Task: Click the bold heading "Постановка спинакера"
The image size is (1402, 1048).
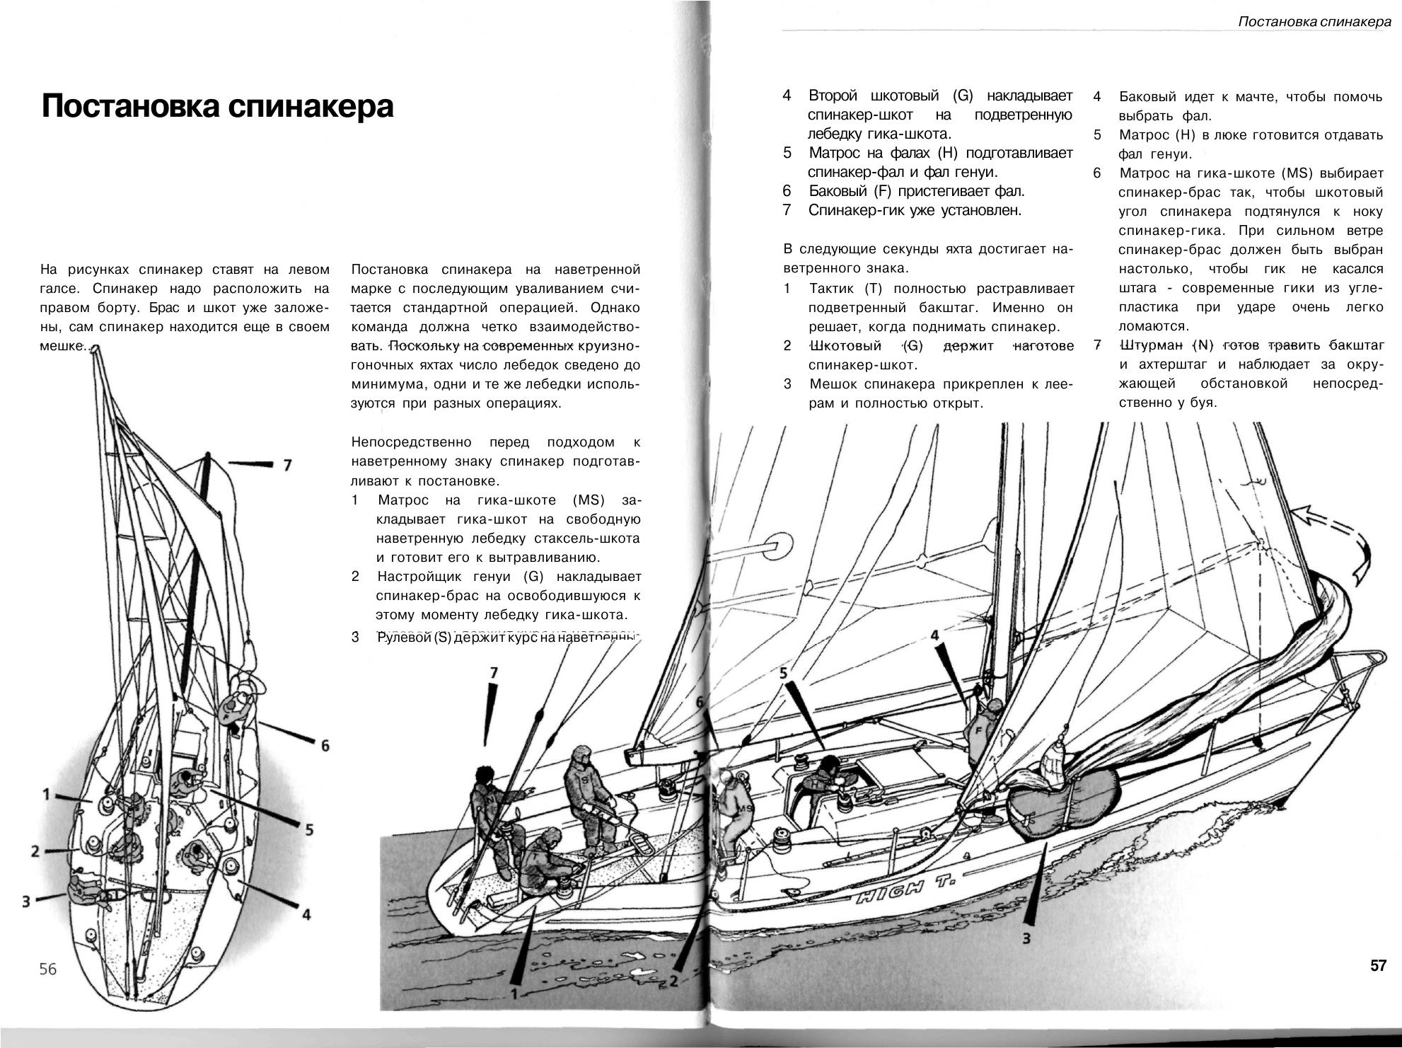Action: coord(217,107)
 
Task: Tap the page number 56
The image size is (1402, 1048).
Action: coord(47,969)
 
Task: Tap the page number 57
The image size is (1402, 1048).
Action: coord(1378,965)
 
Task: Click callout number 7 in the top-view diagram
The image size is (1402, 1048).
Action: coord(286,465)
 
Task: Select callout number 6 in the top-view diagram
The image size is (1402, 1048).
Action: coord(325,745)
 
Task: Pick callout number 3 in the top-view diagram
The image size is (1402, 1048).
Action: coord(26,901)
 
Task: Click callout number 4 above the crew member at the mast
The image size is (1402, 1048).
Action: coord(934,635)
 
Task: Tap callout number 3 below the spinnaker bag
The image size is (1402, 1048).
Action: coord(1026,939)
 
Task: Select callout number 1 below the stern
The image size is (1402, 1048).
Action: coord(514,994)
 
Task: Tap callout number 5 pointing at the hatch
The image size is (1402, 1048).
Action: coord(783,673)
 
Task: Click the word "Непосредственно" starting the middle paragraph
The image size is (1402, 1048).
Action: coord(411,442)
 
